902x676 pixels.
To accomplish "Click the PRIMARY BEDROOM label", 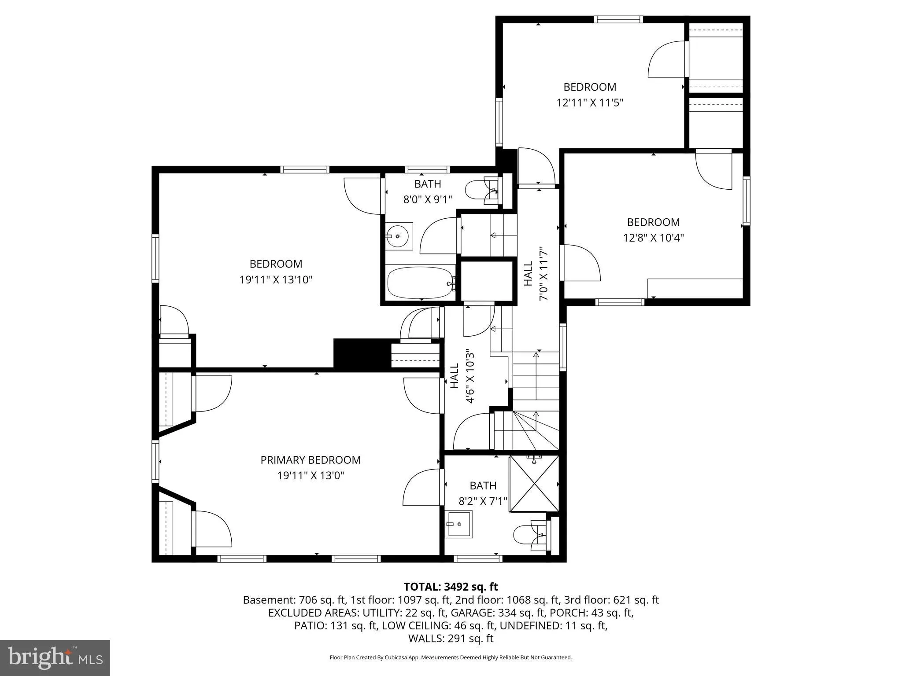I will point(310,460).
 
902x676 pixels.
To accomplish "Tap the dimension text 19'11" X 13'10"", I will point(276,280).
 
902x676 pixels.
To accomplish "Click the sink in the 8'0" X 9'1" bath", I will point(399,236).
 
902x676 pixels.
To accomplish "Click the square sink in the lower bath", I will point(458,524).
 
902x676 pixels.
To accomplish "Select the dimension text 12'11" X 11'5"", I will point(590,103).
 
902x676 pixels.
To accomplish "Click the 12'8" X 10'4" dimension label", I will point(653,238).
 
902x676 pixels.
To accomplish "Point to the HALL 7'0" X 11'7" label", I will point(536,273).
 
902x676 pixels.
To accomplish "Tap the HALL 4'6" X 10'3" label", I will point(462,376).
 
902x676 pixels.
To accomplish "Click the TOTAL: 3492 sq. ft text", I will point(451,587).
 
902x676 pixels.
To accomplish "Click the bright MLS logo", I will point(55,658).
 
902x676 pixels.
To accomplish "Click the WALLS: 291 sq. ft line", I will point(451,638).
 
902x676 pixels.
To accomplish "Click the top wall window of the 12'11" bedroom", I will point(618,19).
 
